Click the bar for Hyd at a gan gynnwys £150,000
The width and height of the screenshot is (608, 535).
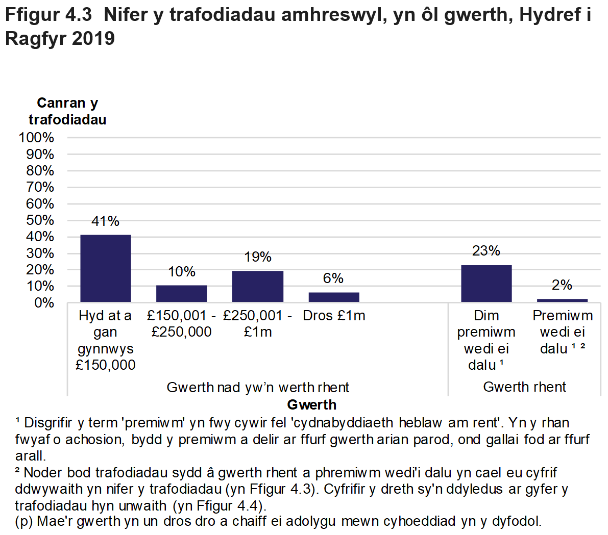pos(106,268)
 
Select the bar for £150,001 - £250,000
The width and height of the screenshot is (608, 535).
pos(181,293)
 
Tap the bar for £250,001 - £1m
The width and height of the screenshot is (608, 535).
pos(258,286)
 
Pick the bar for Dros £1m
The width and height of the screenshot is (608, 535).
pos(334,297)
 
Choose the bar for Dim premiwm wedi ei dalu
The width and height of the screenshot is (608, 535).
pos(486,283)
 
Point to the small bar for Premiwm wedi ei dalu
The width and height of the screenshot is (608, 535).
pos(562,300)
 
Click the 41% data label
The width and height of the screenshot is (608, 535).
pos(106,221)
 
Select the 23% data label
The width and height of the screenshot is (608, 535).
pos(486,251)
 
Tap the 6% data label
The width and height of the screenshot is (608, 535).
pos(333,278)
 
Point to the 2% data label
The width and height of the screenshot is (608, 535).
pos(562,285)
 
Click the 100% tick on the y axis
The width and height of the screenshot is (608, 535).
pos(36,138)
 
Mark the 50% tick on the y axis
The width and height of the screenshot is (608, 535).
pos(40,220)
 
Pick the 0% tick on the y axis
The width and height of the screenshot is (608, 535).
pos(44,303)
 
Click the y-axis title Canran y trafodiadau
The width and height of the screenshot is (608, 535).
pos(67,111)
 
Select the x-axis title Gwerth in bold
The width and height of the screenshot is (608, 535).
pos(311,405)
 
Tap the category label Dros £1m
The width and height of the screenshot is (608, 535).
pos(334,316)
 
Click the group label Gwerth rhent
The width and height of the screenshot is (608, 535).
pos(524,387)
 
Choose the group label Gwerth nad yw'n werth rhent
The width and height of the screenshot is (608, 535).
pos(258,388)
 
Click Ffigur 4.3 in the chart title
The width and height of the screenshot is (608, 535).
pos(48,15)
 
